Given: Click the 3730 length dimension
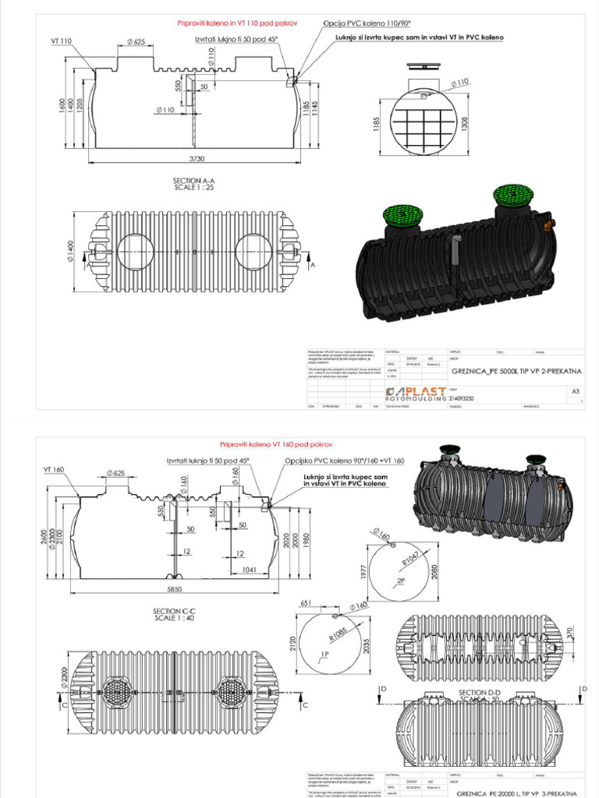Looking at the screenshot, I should pyautogui.click(x=193, y=159).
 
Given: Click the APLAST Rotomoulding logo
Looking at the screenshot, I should pyautogui.click(x=416, y=393).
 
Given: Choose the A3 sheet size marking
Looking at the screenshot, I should pyautogui.click(x=576, y=391).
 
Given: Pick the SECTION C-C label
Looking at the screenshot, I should pyautogui.click(x=175, y=613).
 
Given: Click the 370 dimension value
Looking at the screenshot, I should pyautogui.click(x=569, y=631).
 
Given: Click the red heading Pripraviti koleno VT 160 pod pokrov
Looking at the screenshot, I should pyautogui.click(x=265, y=443).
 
